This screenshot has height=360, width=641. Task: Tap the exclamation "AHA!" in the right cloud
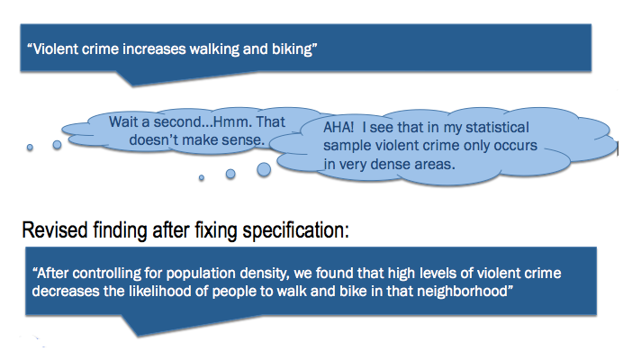pos(339,128)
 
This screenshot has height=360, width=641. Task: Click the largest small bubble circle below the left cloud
pos(265,167)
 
